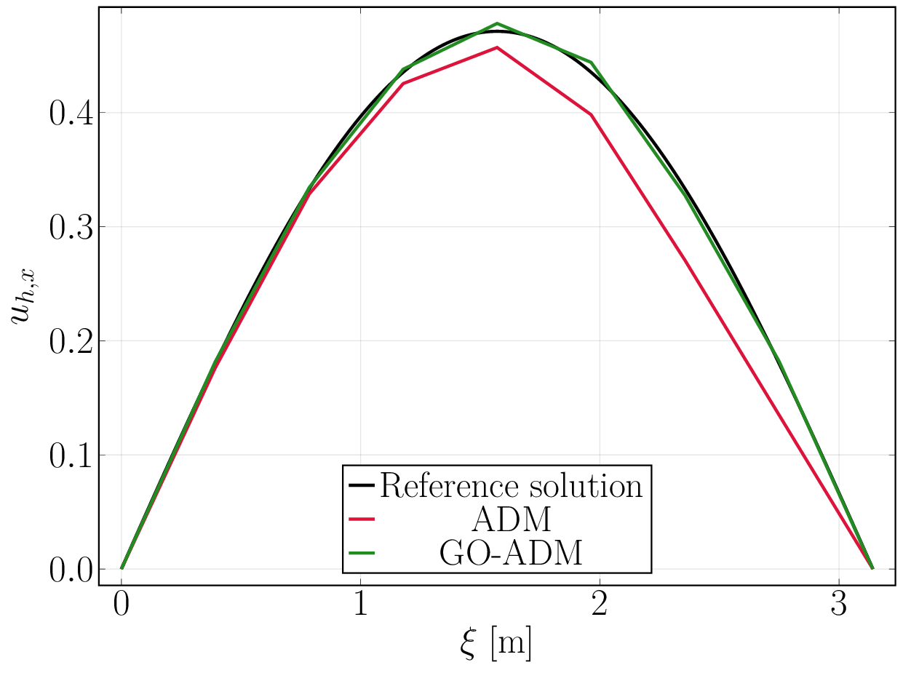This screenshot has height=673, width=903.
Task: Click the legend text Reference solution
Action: point(511,485)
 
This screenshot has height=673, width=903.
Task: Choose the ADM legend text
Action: point(511,519)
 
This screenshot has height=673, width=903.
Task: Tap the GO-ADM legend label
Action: point(511,554)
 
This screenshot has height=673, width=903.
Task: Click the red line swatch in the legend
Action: point(361,519)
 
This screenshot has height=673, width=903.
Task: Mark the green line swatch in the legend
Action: point(361,554)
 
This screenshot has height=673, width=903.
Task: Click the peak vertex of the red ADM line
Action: point(497,47)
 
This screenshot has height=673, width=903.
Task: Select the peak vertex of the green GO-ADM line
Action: point(497,23)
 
